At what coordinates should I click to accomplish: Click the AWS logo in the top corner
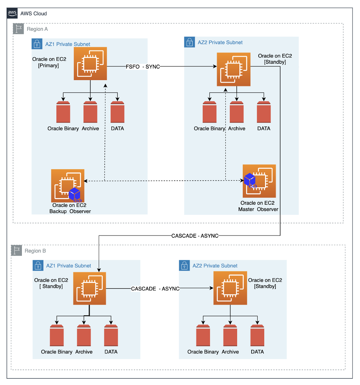(x=12, y=13)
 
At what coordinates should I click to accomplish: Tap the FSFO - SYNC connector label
(x=143, y=66)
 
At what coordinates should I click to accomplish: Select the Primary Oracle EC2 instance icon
(x=90, y=63)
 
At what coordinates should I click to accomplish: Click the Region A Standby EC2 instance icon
(x=233, y=69)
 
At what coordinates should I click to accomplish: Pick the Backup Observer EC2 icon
(x=68, y=185)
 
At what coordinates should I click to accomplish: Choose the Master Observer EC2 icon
(x=259, y=181)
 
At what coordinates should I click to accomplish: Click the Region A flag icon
(x=19, y=29)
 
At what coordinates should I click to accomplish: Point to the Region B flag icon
(x=16, y=250)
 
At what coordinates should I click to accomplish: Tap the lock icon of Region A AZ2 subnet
(x=189, y=42)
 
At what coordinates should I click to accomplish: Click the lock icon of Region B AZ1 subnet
(x=38, y=266)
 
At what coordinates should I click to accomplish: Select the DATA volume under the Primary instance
(x=117, y=112)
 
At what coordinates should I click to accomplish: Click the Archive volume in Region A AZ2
(x=237, y=112)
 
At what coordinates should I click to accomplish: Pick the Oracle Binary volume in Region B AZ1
(x=57, y=335)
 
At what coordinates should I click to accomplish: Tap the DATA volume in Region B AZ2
(x=257, y=335)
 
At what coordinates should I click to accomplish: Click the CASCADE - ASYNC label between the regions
(x=195, y=236)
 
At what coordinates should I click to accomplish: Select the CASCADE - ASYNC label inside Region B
(x=155, y=289)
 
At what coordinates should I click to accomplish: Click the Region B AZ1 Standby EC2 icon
(x=90, y=289)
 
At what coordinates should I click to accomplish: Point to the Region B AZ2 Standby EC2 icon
(x=230, y=288)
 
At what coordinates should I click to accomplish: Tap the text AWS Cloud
(x=34, y=13)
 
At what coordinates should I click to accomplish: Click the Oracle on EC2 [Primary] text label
(x=49, y=62)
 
